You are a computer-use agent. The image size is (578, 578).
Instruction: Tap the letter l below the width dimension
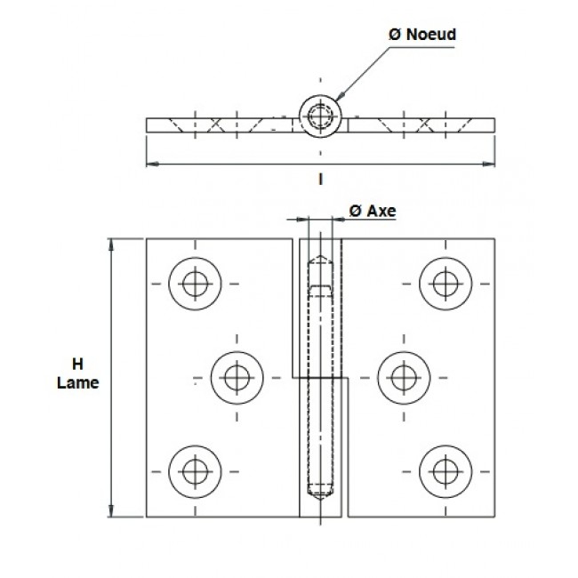click(x=317, y=178)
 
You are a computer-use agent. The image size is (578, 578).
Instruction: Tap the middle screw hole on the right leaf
click(x=401, y=376)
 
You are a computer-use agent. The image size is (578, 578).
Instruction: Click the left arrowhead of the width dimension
click(x=150, y=164)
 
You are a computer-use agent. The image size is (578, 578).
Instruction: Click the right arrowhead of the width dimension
click(x=488, y=164)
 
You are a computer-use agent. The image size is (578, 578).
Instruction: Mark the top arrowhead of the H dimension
click(x=112, y=245)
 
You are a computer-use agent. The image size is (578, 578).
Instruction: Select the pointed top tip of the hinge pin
click(x=318, y=258)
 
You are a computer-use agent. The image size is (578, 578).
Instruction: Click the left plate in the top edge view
click(x=218, y=124)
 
